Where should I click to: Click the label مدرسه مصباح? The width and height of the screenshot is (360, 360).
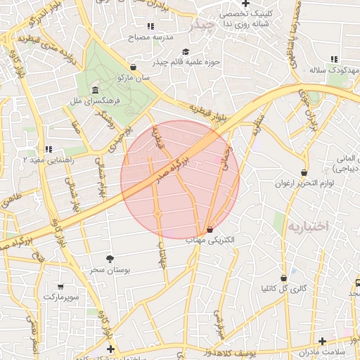click(x=153, y=35)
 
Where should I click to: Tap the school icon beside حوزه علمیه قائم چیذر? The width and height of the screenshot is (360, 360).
click(x=186, y=51)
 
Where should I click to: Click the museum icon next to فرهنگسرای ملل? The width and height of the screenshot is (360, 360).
click(x=95, y=91)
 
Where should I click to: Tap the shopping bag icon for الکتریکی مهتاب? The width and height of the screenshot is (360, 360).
click(x=210, y=230)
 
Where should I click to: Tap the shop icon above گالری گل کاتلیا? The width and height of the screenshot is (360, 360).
click(x=283, y=278)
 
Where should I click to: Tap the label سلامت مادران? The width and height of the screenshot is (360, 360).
click(x=336, y=352)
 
